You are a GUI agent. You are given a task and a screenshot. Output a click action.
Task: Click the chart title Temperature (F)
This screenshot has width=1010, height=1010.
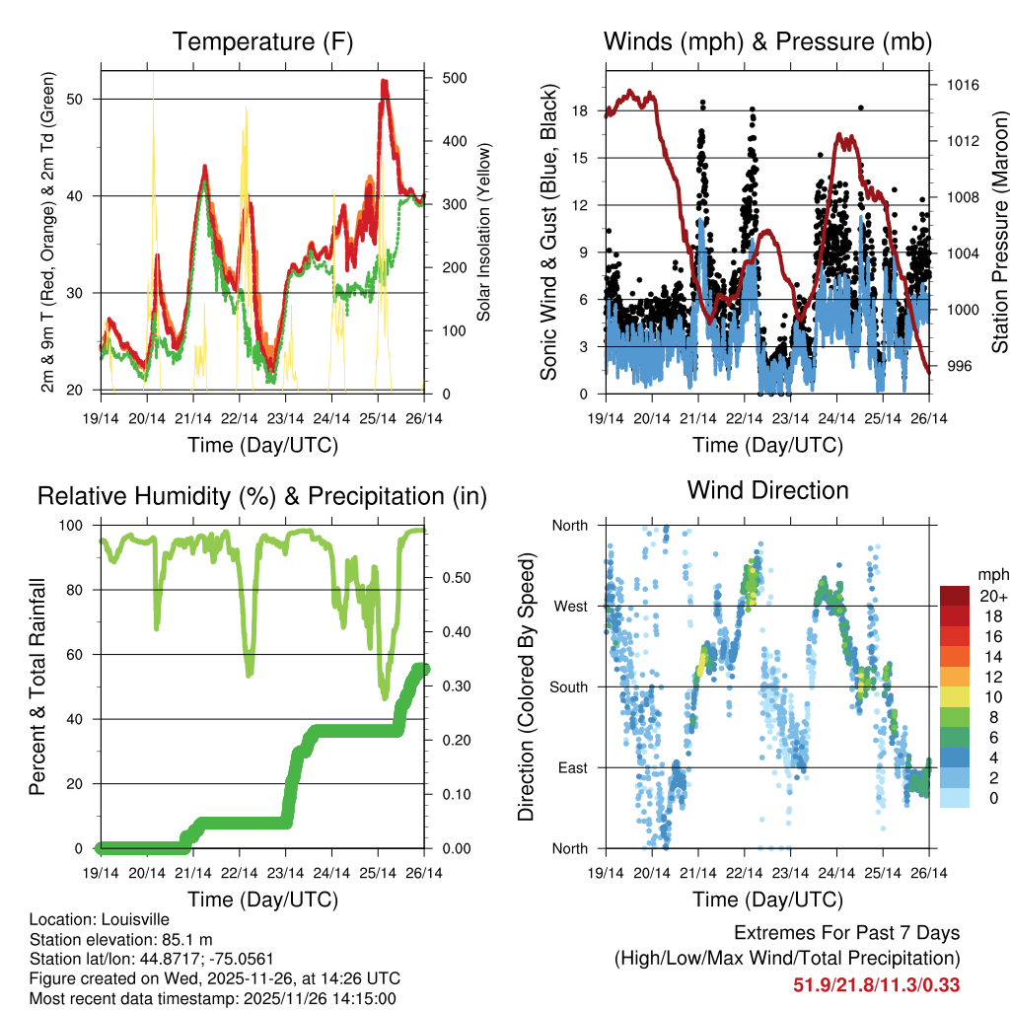click(x=262, y=41)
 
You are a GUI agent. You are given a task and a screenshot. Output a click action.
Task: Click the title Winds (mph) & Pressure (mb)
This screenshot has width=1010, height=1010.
click(x=767, y=41)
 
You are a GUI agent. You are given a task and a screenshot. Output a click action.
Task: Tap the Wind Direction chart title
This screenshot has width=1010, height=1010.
click(x=767, y=489)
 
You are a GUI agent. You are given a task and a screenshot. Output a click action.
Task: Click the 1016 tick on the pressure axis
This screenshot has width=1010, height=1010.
click(x=961, y=85)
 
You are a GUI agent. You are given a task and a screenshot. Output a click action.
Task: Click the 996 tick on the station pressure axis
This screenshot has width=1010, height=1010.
click(x=958, y=366)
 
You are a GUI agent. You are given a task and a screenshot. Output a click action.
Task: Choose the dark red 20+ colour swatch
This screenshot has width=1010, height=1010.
click(x=955, y=596)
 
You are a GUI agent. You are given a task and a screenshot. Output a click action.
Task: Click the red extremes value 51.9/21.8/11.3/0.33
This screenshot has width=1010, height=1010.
click(x=876, y=984)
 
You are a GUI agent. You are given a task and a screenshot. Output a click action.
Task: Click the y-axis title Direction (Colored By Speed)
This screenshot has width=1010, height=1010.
click(x=526, y=686)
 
